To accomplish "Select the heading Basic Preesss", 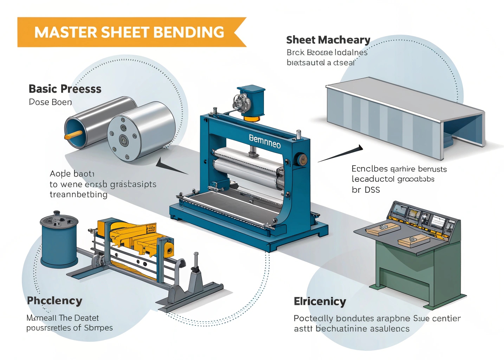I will click(65, 89).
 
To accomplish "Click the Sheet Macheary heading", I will click(328, 40).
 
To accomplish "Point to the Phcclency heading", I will click(54, 301).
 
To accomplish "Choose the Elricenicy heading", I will click(320, 302).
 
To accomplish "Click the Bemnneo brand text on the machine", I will click(265, 141).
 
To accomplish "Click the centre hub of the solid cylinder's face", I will click(124, 140).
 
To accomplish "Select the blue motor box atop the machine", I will click(251, 100).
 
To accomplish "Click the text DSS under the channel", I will click(372, 190).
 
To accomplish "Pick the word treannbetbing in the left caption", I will click(78, 194).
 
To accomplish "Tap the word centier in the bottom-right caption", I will click(446, 319).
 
